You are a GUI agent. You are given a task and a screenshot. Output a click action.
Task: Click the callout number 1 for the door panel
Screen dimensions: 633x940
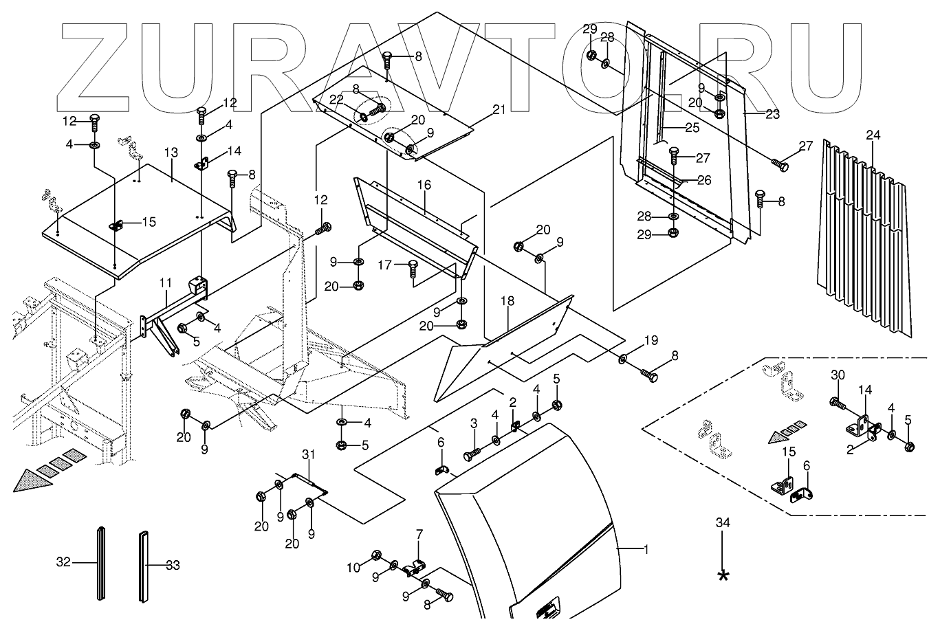point(645,549)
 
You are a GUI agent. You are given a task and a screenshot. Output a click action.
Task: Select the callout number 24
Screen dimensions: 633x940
point(873,135)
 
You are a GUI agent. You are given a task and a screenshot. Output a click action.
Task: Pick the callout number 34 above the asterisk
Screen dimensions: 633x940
point(722,523)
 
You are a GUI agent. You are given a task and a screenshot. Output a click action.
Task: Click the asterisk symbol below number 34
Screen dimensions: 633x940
point(722,575)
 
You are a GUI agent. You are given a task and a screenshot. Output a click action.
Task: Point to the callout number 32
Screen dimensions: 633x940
point(64,563)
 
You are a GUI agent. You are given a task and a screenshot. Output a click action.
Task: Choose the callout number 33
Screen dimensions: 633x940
point(173,566)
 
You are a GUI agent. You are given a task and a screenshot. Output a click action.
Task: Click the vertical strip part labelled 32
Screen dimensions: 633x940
point(101,564)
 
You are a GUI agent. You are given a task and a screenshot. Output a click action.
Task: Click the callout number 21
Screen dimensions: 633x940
point(499,110)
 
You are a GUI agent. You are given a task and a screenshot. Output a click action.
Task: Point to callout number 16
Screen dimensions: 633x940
point(424,185)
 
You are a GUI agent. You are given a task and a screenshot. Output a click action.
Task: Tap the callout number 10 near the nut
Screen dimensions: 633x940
point(353,568)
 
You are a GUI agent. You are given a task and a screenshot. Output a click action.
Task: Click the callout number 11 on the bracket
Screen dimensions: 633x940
point(166,282)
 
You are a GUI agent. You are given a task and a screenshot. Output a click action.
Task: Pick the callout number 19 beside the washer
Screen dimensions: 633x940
point(651,340)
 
